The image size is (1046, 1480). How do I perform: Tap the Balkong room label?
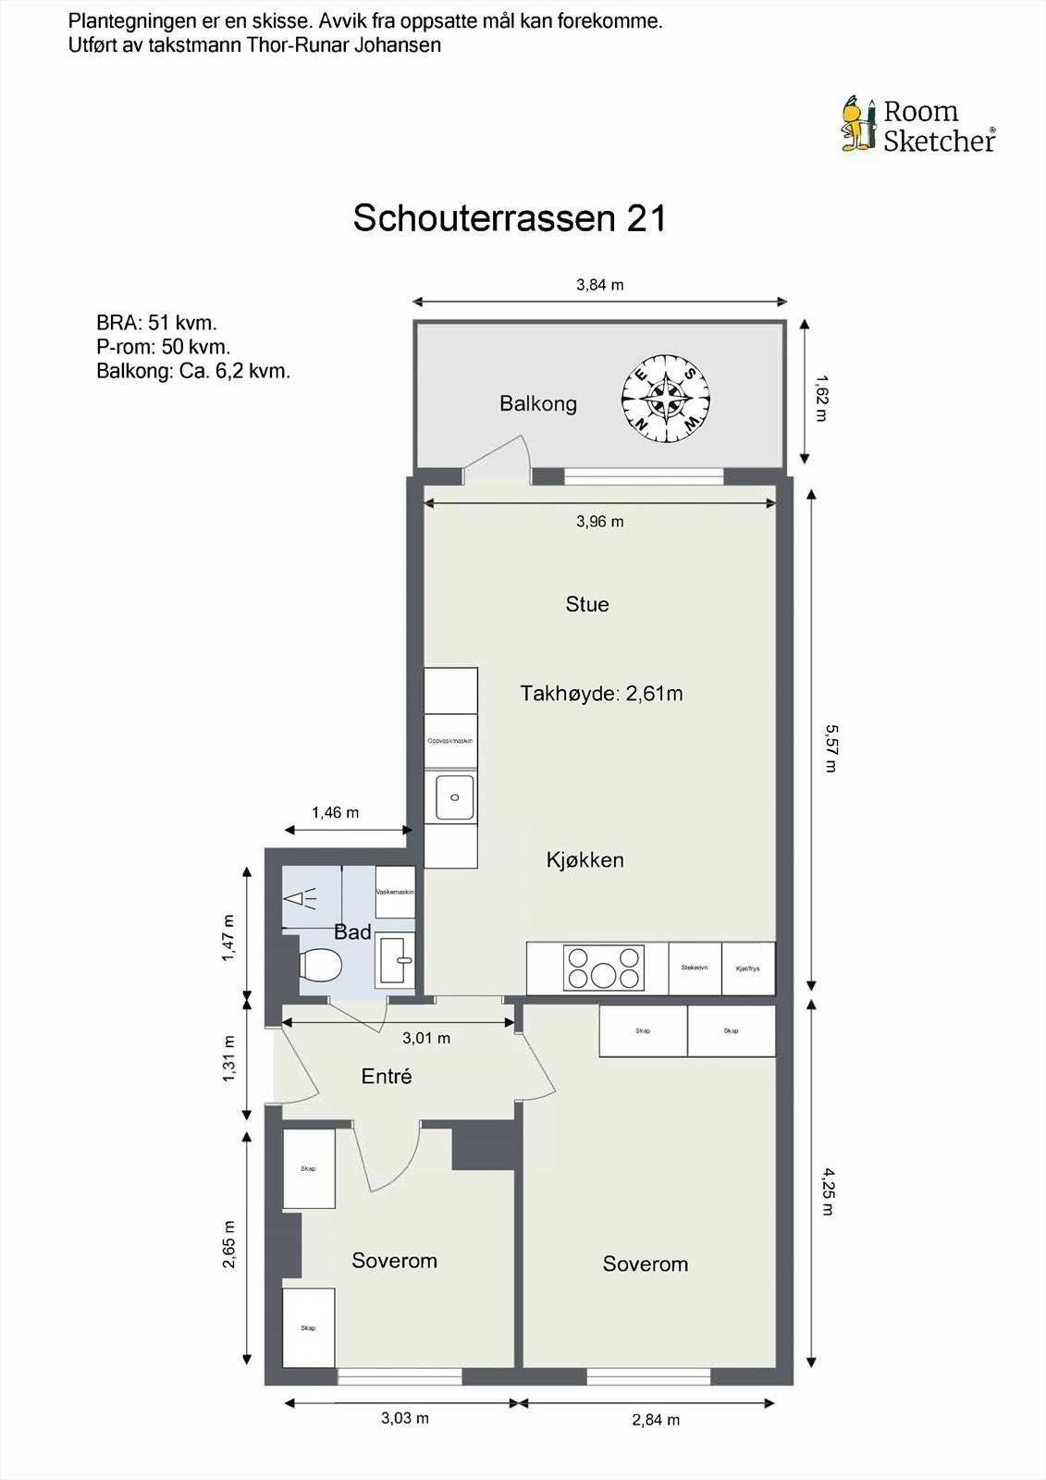[537, 403]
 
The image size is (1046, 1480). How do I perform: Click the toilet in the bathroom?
[320, 965]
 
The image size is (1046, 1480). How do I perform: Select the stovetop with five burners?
[604, 968]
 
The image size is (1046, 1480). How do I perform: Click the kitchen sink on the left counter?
[453, 797]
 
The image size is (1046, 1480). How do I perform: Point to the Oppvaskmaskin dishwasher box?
[450, 741]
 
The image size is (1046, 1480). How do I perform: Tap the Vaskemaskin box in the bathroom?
[395, 892]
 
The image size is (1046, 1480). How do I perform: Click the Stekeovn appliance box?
[695, 968]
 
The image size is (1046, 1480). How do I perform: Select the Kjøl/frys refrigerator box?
[747, 968]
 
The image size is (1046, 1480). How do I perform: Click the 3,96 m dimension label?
[599, 522]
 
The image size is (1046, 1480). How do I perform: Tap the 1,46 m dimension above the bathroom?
[335, 812]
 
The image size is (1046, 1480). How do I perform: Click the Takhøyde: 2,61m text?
[601, 694]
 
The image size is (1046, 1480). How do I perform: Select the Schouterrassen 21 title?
[510, 218]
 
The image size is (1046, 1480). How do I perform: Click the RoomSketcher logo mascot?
[858, 123]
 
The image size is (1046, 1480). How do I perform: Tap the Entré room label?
[387, 1076]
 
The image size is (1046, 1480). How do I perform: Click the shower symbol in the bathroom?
[300, 898]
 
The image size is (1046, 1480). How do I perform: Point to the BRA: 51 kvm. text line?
[156, 323]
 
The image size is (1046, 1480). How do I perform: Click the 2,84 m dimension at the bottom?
[656, 1419]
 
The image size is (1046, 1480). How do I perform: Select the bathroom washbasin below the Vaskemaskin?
[395, 959]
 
